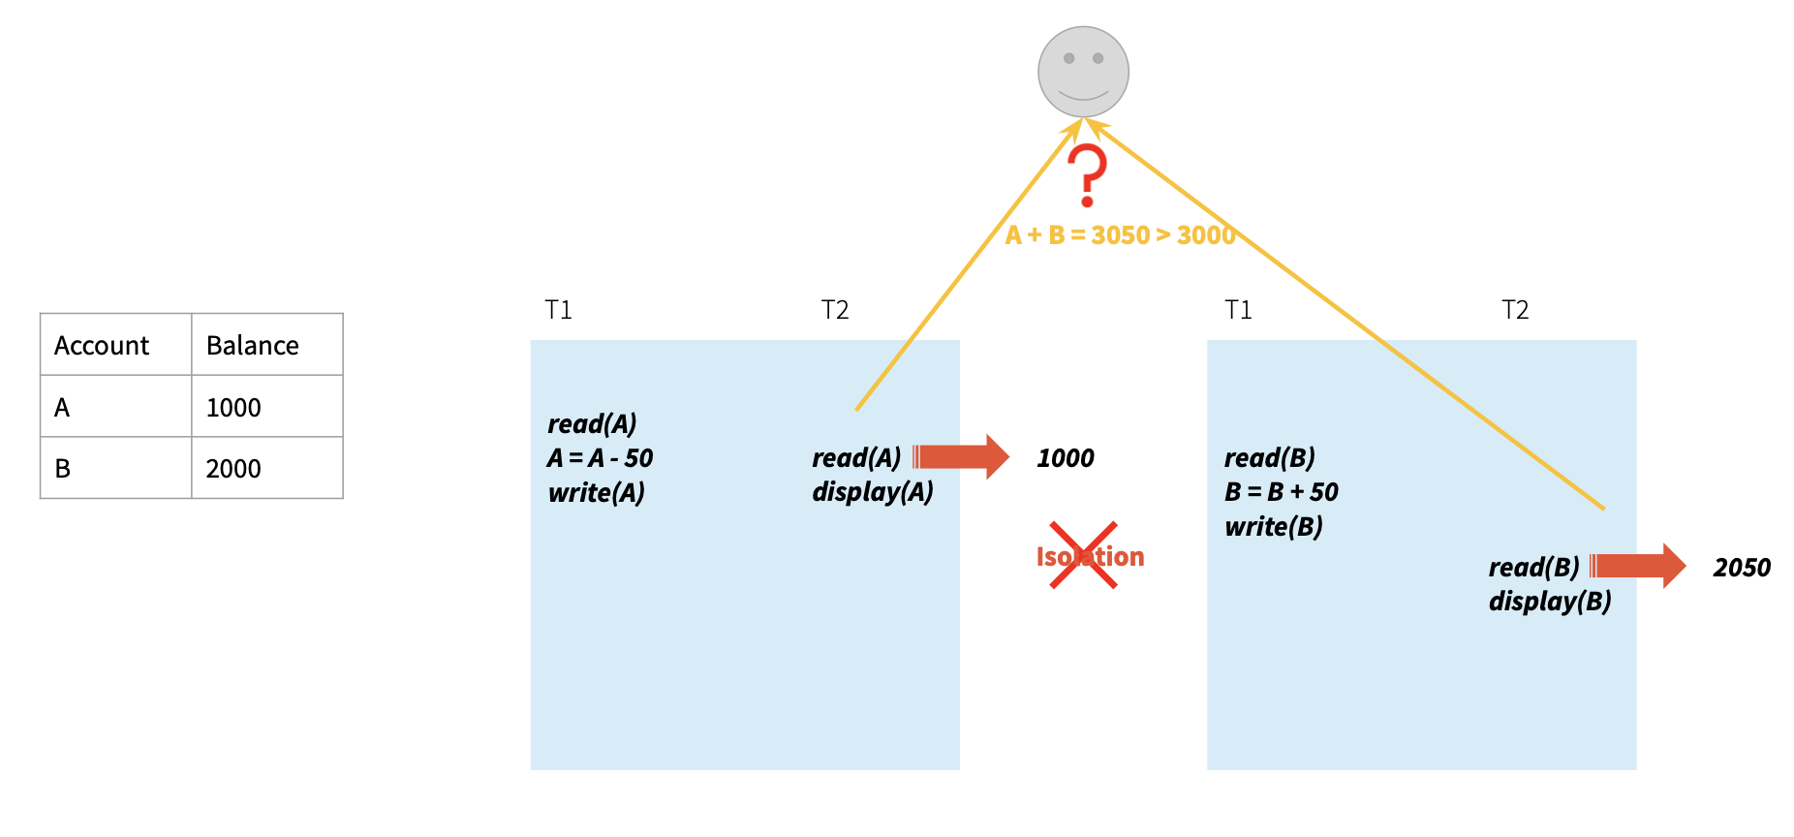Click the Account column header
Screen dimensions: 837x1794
pos(102,346)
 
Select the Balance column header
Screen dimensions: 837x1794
pos(253,346)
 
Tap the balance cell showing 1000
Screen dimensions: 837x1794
pos(234,408)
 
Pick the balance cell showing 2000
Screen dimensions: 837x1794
pos(234,469)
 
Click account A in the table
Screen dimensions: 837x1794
pos(62,408)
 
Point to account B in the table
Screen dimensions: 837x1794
pos(63,469)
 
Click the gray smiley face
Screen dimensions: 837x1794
pos(1083,72)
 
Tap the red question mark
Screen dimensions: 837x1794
pos(1087,175)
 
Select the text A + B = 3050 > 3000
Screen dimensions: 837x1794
pos(1120,235)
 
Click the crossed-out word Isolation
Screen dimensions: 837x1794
pos(1090,556)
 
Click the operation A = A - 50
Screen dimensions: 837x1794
pos(600,458)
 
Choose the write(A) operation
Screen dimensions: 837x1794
pos(596,493)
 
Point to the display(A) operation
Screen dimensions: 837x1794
pos(872,492)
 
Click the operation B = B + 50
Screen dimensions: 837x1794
pos(1281,492)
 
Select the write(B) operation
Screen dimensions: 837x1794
pos(1273,527)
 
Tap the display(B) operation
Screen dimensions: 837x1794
pos(1550,602)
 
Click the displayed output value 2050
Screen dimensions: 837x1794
pos(1742,568)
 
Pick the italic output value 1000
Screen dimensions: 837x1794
pos(1066,458)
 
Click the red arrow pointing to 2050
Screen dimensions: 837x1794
pos(1638,566)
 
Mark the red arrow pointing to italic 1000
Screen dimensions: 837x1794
pos(961,456)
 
